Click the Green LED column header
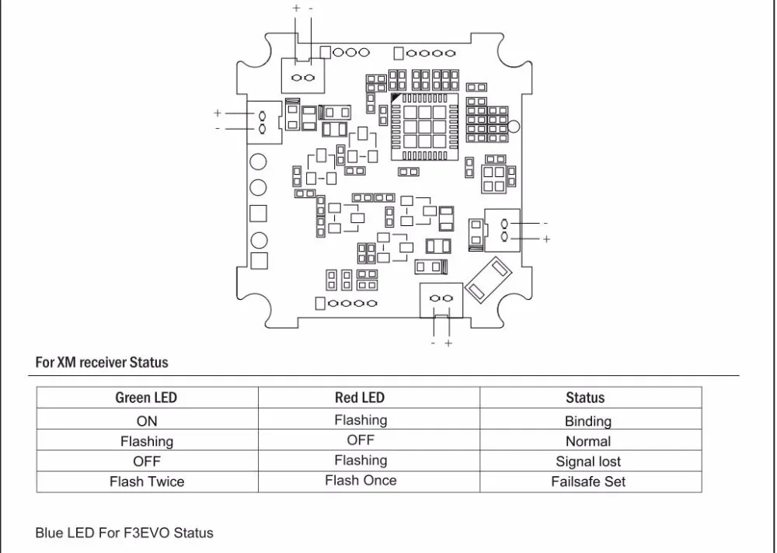146,398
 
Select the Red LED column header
360,398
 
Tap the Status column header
585,398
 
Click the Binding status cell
588,421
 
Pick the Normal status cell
588,441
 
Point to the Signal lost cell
588,461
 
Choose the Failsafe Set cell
588,482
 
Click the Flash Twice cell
147,482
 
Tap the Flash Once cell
361,480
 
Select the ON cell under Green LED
147,421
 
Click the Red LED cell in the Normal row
361,440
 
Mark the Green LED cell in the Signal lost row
147,461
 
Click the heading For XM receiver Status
102,362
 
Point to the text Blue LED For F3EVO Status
124,533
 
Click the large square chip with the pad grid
425,127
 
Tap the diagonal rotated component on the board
488,279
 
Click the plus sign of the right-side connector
546,239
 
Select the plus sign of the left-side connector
217,113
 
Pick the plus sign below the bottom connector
448,343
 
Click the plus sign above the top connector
296,8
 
